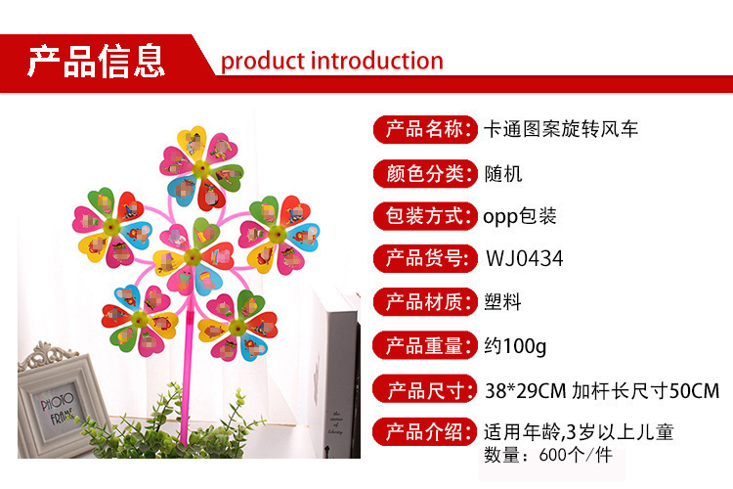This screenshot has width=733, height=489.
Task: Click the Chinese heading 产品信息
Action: click(97, 61)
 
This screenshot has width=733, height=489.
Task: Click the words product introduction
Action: click(332, 62)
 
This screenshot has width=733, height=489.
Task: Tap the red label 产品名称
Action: click(425, 129)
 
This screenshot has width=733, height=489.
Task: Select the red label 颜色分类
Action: click(425, 174)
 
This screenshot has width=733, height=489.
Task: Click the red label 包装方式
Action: click(425, 216)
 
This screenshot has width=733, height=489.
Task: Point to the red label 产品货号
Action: click(425, 258)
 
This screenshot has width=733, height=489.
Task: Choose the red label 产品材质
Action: click(425, 302)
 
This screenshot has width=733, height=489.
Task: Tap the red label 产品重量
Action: click(425, 346)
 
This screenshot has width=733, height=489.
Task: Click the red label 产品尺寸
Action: click(425, 390)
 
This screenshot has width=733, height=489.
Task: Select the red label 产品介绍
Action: click(425, 432)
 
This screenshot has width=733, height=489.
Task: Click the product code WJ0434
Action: click(525, 258)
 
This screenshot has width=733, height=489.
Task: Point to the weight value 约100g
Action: click(515, 346)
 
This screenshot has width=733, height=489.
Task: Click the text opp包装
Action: click(520, 216)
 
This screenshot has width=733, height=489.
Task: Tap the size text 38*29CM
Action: click(526, 391)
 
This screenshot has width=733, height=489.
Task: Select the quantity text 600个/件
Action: click(576, 455)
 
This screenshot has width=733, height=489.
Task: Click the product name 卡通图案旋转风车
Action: click(561, 129)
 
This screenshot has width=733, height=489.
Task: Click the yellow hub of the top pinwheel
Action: click(201, 168)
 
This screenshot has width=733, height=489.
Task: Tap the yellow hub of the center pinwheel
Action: click(193, 256)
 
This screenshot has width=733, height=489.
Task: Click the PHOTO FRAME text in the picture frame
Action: click(58, 408)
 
